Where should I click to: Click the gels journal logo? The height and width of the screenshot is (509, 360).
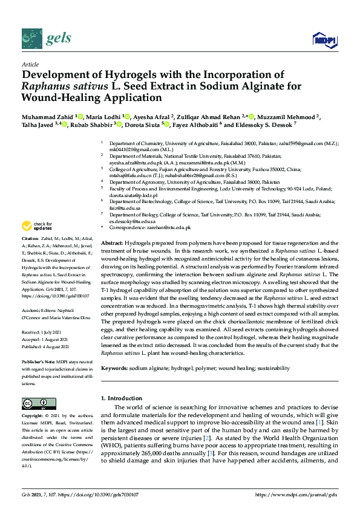(47, 39)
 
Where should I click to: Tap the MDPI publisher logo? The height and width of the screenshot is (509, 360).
(324, 40)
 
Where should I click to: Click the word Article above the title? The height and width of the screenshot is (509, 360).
(30, 64)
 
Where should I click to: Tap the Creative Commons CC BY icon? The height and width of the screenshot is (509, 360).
(39, 403)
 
